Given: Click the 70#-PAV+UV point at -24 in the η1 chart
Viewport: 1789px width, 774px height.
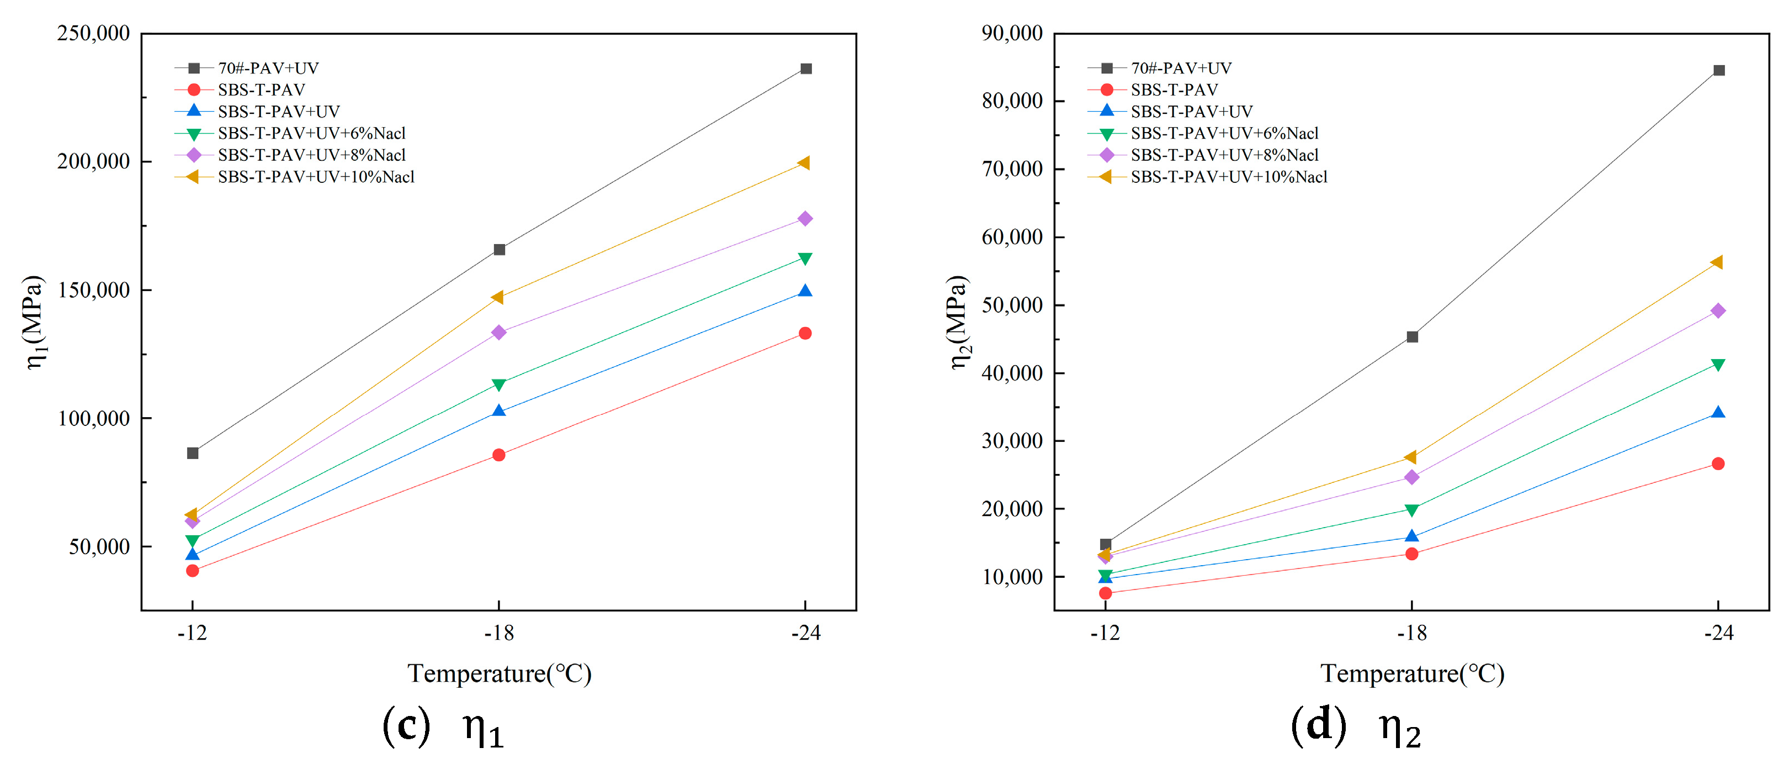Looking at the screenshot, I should click(805, 69).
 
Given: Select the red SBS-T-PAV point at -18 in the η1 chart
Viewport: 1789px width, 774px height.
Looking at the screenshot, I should click(498, 455).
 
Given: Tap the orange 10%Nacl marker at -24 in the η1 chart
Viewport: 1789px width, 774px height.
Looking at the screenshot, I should click(804, 164).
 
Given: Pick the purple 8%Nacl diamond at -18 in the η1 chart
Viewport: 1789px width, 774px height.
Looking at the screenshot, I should click(498, 333).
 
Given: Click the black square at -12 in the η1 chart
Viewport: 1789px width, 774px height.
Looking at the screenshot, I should click(193, 453).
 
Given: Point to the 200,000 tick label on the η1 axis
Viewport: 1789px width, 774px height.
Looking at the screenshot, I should click(93, 161).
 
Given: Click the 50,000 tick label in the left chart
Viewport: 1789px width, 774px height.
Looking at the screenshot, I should click(99, 547).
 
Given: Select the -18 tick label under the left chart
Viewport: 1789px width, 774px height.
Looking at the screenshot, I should click(498, 633).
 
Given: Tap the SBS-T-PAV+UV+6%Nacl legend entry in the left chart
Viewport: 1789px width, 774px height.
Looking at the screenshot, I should click(311, 133).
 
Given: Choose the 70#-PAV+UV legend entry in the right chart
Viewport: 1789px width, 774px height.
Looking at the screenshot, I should click(1181, 68).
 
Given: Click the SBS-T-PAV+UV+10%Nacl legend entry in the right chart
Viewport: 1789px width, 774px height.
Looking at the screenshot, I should click(1228, 177).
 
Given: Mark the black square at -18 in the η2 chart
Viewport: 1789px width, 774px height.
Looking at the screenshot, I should click(1412, 337).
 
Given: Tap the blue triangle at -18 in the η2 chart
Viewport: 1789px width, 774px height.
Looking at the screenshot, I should click(1412, 536).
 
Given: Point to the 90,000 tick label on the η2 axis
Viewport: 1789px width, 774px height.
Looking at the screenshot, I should click(1012, 33).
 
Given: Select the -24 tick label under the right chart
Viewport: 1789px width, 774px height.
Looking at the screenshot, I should click(1718, 633).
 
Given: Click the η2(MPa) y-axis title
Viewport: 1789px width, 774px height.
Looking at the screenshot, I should click(958, 323).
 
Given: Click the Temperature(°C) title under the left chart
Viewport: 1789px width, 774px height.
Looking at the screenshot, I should click(498, 673).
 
